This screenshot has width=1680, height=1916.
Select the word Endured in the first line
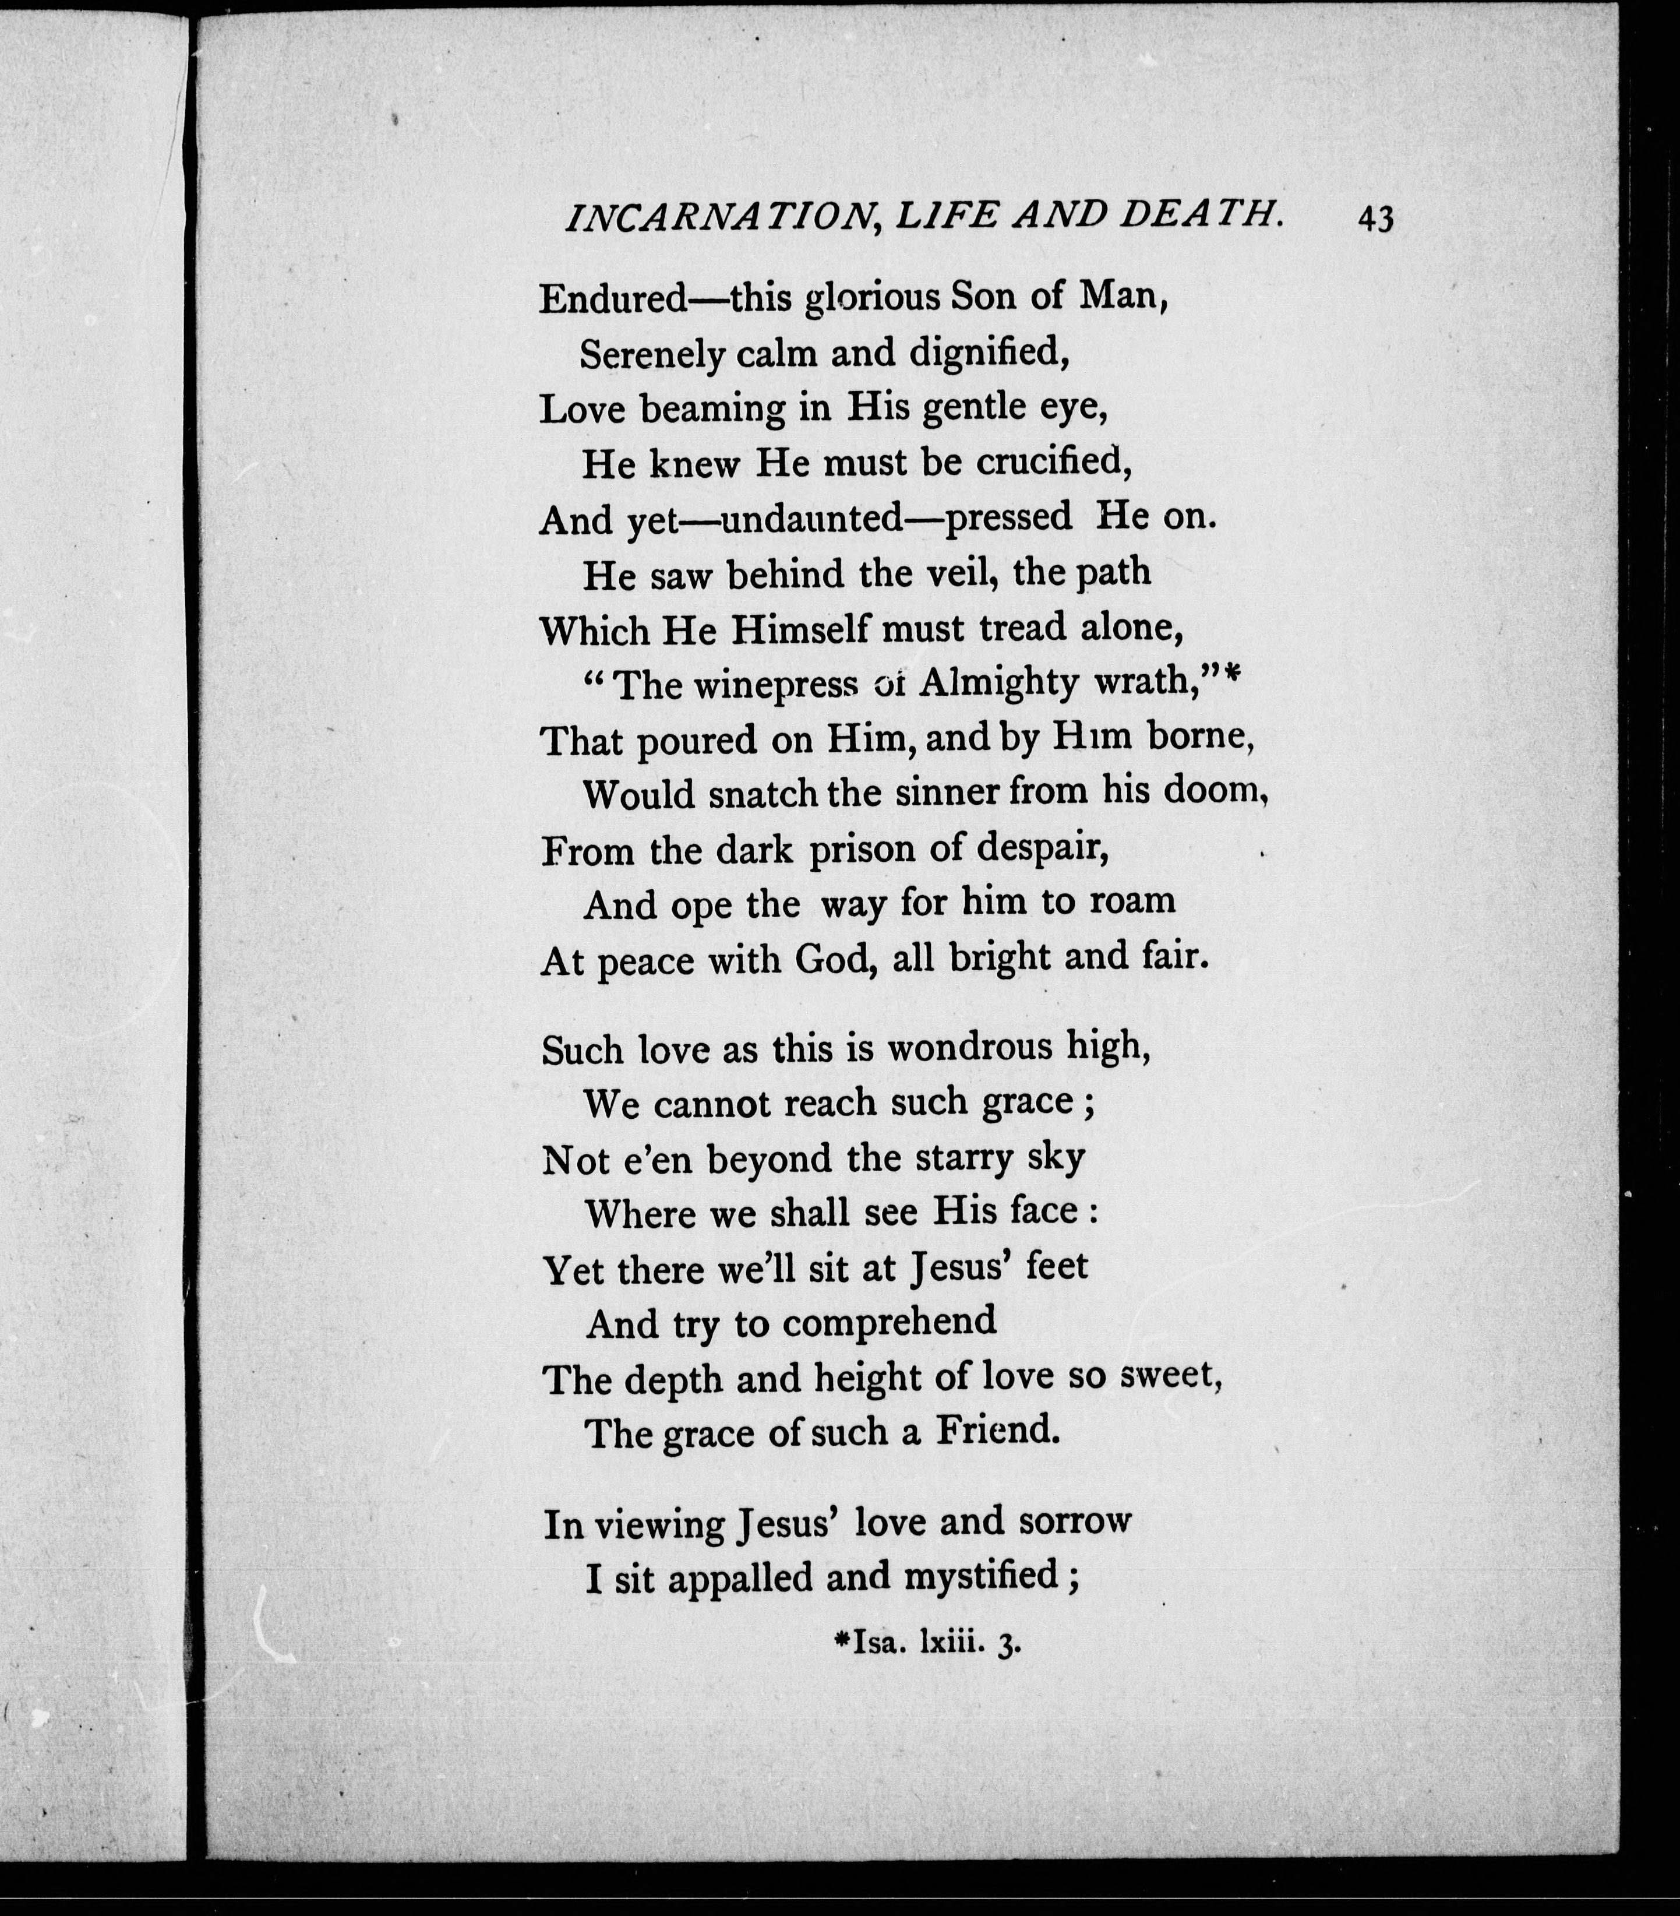click(x=614, y=298)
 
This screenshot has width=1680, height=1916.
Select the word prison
click(x=862, y=849)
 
